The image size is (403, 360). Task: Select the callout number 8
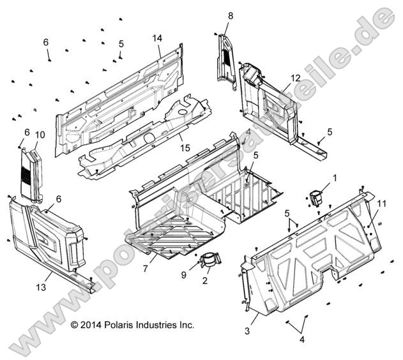[230, 15]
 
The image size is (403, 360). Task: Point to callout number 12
[294, 78]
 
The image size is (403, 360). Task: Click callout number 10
[40, 135]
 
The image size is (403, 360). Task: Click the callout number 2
[206, 280]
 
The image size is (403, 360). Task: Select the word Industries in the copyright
[161, 325]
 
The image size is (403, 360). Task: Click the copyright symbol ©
[75, 325]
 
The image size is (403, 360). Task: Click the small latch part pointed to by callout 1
[317, 197]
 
